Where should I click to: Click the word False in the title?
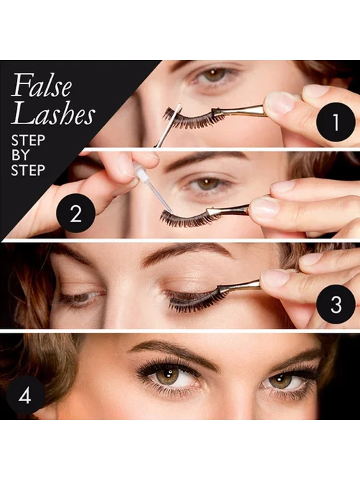click(42, 85)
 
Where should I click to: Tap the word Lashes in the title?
click(53, 114)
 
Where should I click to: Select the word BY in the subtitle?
click(20, 155)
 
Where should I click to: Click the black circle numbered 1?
click(336, 122)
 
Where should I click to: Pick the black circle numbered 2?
click(76, 213)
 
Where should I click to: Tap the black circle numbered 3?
click(336, 304)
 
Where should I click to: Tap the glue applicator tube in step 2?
click(153, 187)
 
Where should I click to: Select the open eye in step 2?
click(207, 184)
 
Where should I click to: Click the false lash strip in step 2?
click(188, 218)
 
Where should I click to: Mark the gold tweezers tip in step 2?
click(211, 211)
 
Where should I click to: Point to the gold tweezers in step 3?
click(239, 285)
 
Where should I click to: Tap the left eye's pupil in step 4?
click(167, 375)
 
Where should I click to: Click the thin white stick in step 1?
click(167, 126)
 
